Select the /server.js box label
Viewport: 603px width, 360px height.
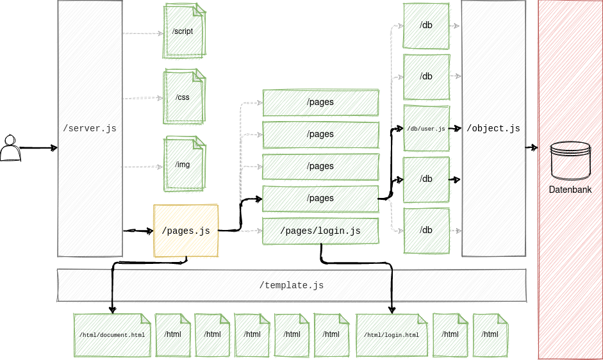(90, 129)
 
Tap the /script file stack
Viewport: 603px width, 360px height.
(184, 31)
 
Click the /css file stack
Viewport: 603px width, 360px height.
(184, 97)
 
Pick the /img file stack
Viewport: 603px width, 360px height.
(184, 164)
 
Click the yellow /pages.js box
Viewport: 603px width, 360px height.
(186, 231)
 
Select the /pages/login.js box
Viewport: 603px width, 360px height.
(320, 231)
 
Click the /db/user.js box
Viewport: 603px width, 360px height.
(425, 129)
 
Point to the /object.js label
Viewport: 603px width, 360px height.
(493, 129)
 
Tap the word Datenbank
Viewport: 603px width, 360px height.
(570, 190)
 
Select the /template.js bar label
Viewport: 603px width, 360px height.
(292, 285)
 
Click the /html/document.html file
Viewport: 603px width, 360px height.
(112, 334)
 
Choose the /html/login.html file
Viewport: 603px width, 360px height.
(392, 334)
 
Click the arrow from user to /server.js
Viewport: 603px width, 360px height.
(38, 148)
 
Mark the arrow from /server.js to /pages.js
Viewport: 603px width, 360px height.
(138, 231)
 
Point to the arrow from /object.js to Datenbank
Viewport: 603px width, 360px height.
(531, 148)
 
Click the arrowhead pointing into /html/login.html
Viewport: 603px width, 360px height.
(392, 310)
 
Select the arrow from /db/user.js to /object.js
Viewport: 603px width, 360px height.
(455, 129)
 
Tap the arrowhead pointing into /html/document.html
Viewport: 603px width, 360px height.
(113, 310)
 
